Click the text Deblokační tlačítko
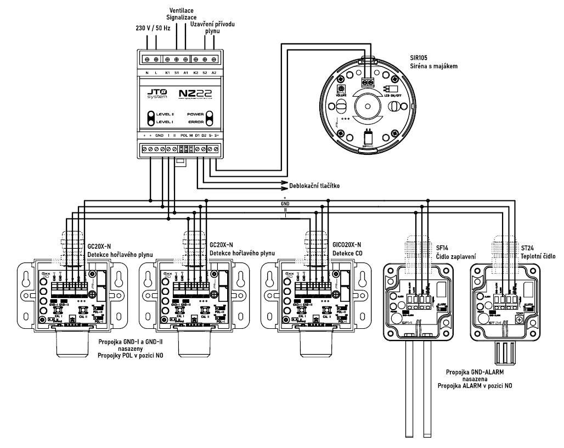click(315, 186)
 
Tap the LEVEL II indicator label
click(163, 115)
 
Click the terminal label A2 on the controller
click(215, 73)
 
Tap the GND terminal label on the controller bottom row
click(160, 135)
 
